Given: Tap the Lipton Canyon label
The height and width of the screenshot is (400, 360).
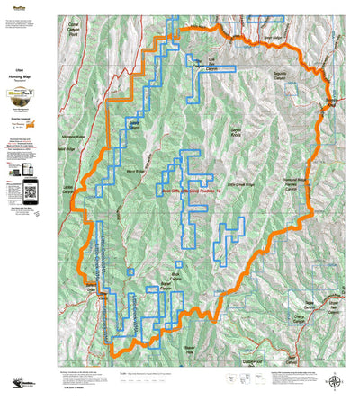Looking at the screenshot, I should coord(67,189).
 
